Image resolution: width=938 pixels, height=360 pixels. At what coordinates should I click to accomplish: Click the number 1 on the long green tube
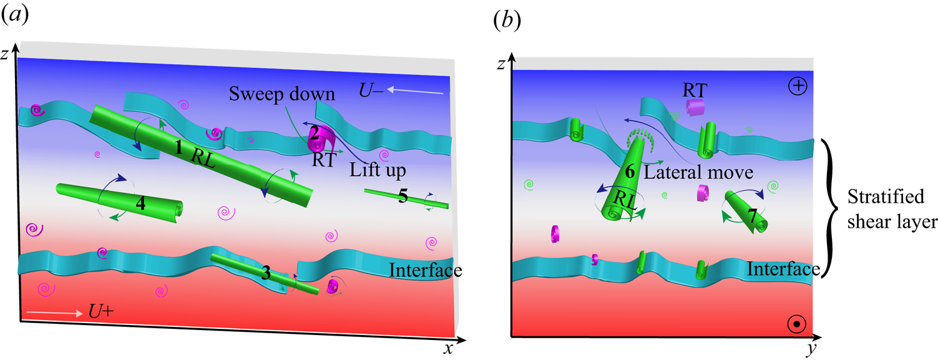pos(179,148)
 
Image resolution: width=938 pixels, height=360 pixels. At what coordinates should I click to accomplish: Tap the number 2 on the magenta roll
pos(315,132)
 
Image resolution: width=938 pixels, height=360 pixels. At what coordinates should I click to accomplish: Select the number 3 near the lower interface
pos(266,273)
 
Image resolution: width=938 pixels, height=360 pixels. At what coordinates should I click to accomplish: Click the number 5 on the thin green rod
pos(403,198)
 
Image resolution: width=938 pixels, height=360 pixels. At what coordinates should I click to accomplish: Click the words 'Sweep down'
pos(282,94)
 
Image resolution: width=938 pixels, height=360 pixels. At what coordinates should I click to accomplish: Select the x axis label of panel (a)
pos(447,349)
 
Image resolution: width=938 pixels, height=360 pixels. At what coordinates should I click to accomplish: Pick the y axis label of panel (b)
pos(811,351)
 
